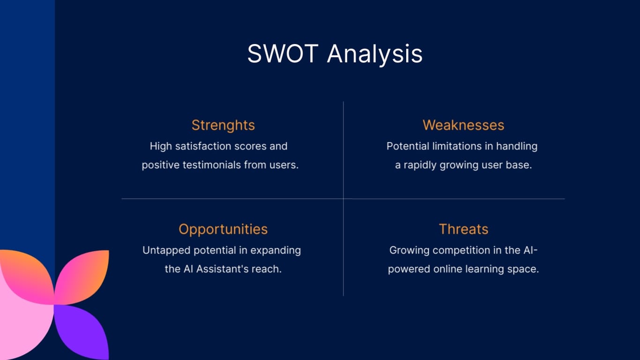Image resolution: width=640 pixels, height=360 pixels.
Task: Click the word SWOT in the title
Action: [x=283, y=53]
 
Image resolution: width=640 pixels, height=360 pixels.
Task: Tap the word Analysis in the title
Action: [x=374, y=55]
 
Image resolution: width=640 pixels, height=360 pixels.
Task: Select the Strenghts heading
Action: [x=223, y=126]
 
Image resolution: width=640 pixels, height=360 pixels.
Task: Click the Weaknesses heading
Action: [x=463, y=125]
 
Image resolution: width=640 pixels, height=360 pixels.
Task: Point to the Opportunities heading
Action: [x=223, y=230]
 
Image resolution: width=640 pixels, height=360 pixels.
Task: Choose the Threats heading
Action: [x=463, y=229]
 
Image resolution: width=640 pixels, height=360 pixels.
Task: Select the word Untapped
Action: [x=166, y=251]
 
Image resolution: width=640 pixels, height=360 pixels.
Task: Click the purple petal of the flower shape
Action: [x=82, y=332]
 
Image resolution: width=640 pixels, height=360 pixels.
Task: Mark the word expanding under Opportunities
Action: [x=275, y=251]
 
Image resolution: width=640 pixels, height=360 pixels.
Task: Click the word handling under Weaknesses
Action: [x=517, y=147]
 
